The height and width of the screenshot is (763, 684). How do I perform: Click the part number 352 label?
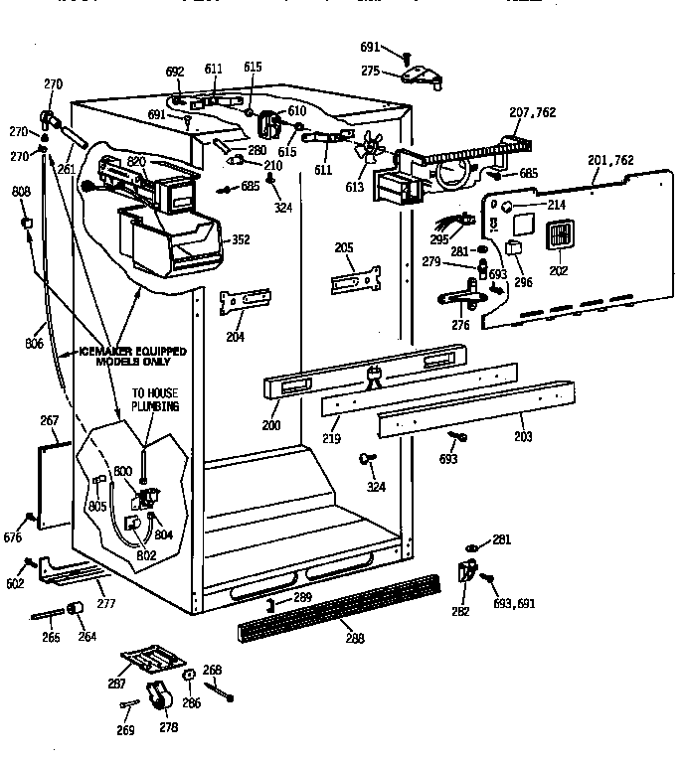[x=241, y=238]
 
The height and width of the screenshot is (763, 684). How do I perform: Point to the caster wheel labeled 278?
[x=157, y=699]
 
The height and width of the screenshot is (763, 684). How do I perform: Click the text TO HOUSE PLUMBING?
[x=156, y=400]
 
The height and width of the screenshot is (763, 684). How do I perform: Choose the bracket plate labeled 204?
[x=245, y=301]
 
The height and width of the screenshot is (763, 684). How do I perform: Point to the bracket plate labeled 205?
[x=356, y=278]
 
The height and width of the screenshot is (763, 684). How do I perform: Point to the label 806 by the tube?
[x=35, y=345]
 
